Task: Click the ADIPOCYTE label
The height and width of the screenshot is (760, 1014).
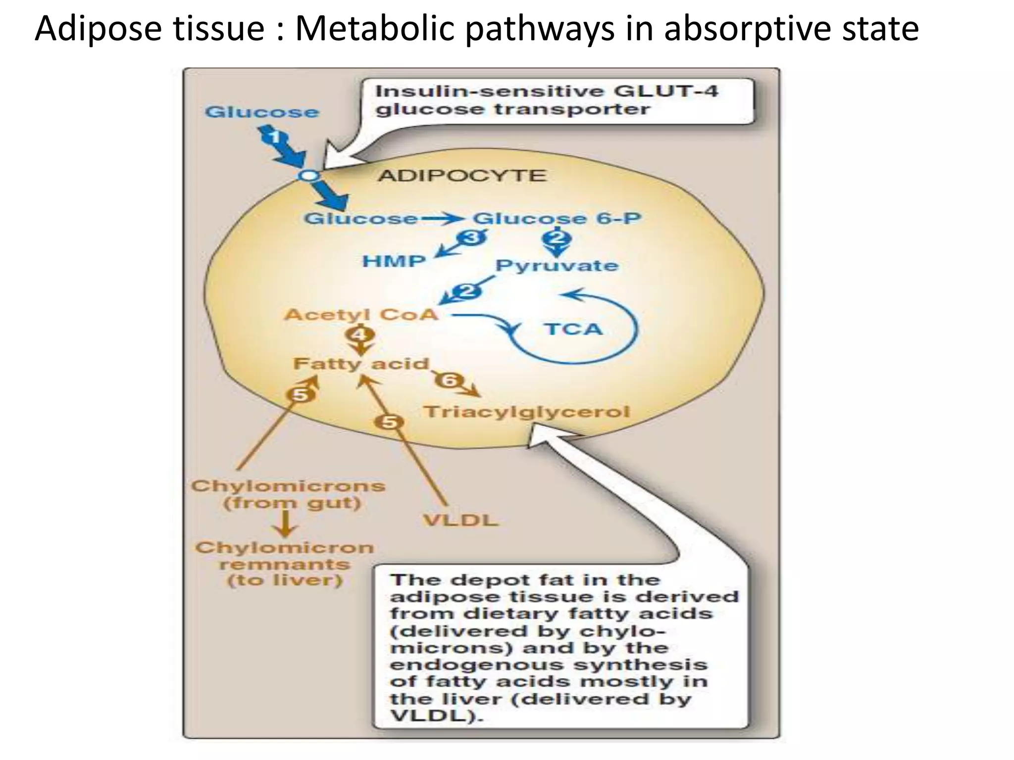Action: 462,176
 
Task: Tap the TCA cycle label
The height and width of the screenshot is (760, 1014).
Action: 573,329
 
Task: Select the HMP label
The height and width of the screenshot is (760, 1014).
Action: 394,261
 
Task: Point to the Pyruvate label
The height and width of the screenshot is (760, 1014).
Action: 557,266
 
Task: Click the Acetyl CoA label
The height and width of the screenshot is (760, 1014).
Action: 361,315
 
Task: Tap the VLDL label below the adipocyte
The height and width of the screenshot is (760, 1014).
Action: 460,521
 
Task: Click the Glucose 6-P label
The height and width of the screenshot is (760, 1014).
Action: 557,218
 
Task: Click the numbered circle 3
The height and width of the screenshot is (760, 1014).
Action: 472,238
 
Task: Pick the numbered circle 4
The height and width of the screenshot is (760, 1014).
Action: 360,335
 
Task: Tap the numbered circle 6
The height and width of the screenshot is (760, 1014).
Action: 450,380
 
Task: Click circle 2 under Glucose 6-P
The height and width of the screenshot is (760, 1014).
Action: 557,238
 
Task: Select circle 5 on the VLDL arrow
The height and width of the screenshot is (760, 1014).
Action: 389,422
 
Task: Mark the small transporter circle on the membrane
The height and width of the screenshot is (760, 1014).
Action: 308,175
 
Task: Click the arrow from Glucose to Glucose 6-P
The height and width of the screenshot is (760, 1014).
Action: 442,218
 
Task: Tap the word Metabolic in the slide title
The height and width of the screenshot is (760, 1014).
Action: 374,28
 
